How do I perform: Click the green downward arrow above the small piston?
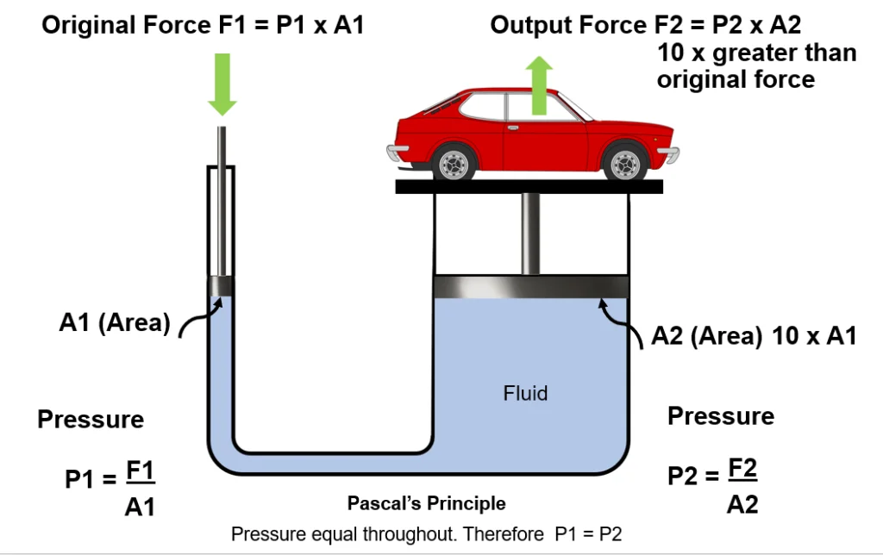click(x=222, y=84)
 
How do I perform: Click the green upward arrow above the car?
click(x=540, y=85)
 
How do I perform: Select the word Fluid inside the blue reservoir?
click(x=525, y=394)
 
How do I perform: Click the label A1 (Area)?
click(x=115, y=323)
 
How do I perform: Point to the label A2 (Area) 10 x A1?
click(x=754, y=336)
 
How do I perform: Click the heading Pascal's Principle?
click(x=426, y=503)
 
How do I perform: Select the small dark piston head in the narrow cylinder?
click(x=222, y=286)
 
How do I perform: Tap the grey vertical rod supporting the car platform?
click(x=529, y=234)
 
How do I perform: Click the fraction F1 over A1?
click(x=140, y=489)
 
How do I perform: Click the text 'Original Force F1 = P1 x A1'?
click(x=203, y=25)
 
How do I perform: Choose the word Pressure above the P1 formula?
click(x=91, y=420)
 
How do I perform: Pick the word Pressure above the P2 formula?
click(x=721, y=416)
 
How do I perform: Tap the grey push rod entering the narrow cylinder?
click(x=222, y=198)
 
